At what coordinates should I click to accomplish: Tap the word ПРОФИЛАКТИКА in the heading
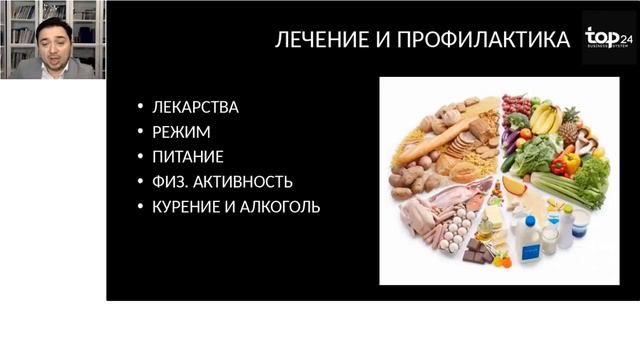tap(482, 41)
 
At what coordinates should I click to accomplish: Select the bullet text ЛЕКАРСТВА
tap(195, 107)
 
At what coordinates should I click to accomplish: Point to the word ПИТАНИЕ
tap(187, 157)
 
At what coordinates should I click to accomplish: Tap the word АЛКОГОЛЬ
tap(285, 207)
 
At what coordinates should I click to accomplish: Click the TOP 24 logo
tap(608, 40)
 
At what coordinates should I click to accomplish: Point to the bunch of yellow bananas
tap(545, 118)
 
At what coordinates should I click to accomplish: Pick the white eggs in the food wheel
tap(456, 235)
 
